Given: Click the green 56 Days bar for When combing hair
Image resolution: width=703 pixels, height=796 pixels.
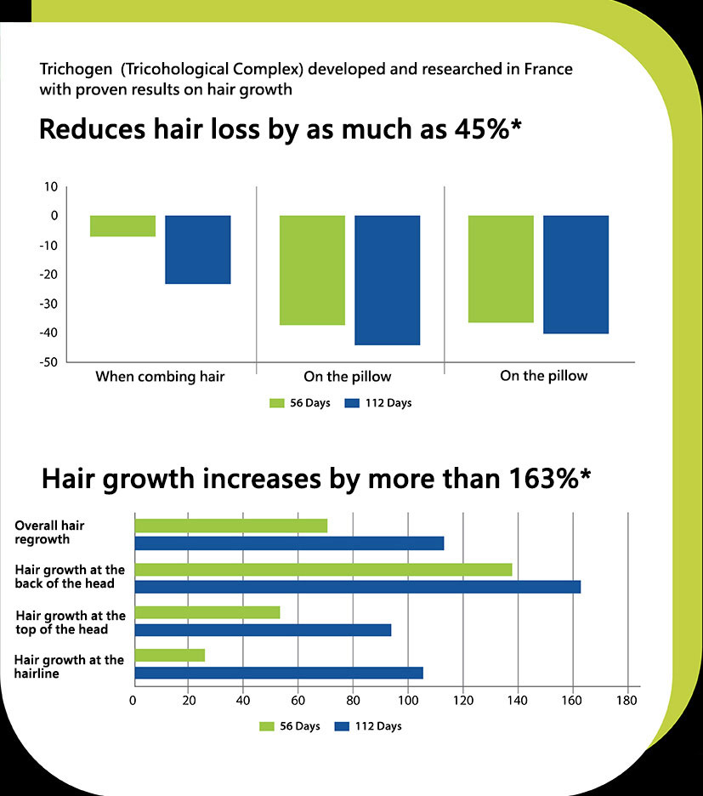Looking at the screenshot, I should click(x=122, y=225).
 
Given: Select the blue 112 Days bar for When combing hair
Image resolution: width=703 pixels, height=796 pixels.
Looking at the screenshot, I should click(x=197, y=249).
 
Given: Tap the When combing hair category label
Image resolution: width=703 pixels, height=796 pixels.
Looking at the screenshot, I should click(x=160, y=376).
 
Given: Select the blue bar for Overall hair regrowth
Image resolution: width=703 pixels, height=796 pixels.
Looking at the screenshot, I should click(x=289, y=543).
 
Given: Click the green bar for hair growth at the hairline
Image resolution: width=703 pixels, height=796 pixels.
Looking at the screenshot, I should click(x=169, y=655).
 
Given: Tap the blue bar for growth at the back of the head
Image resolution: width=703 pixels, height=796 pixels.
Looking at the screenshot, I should click(x=357, y=587).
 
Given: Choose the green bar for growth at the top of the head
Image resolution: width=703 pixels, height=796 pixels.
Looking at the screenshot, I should click(x=207, y=612).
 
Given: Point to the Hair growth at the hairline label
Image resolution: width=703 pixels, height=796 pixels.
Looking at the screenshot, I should click(x=70, y=666).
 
